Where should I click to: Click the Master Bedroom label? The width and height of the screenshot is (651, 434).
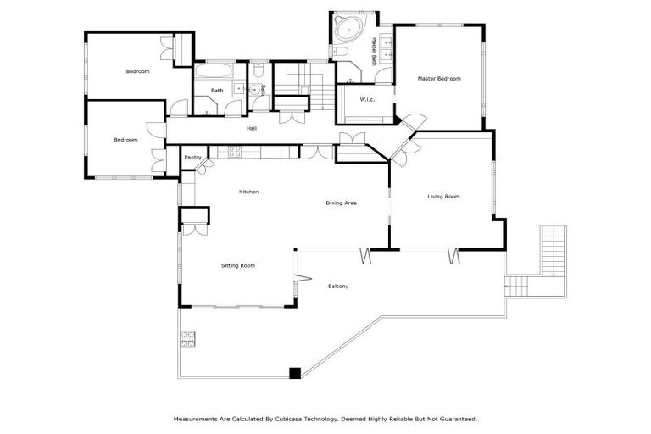439,79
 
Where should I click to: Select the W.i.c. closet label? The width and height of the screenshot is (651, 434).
367,100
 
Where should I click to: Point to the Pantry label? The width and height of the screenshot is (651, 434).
192,157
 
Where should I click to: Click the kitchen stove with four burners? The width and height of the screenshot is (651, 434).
236,152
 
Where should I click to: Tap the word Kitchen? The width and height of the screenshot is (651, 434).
248,192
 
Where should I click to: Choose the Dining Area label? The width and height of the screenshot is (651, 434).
341,203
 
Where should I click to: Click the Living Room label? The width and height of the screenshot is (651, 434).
442,197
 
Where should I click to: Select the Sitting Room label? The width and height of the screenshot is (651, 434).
238,265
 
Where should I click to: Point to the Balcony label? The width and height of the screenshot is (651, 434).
338,286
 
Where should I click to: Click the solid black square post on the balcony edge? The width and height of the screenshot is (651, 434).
295,372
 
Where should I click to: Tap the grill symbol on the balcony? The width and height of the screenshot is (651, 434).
188,339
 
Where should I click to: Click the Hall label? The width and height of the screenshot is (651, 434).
252,129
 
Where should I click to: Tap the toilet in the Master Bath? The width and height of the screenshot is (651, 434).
342,52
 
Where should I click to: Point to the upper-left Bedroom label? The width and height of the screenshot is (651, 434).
137,71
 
